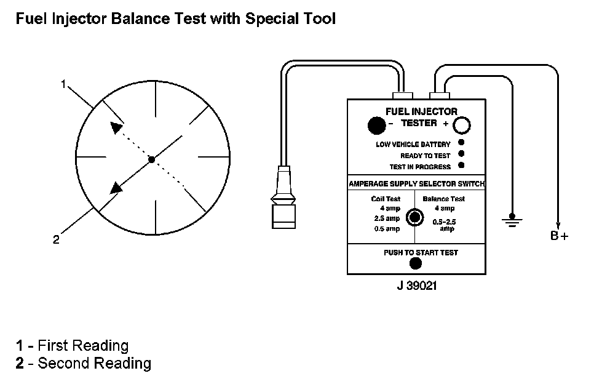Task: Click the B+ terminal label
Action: (x=559, y=236)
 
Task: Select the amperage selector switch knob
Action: (x=416, y=217)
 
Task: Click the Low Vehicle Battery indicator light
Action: (x=461, y=144)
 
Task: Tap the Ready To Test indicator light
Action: (x=461, y=154)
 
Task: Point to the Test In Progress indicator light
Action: (x=461, y=165)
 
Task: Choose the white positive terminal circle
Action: (x=462, y=126)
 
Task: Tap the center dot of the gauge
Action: (x=151, y=160)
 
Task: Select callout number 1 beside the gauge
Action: (x=63, y=84)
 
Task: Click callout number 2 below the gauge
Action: (x=56, y=240)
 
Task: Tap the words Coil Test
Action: (x=386, y=199)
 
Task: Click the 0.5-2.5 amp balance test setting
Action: (x=443, y=225)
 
